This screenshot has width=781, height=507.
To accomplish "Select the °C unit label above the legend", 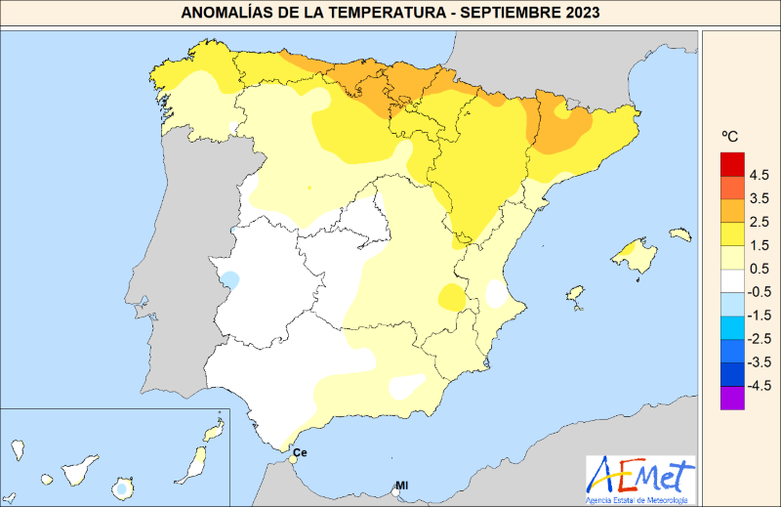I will pyautogui.click(x=729, y=137).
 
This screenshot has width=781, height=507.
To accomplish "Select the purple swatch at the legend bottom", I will pyautogui.click(x=732, y=398).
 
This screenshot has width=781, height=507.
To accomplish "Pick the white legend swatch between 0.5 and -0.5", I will pyautogui.click(x=732, y=280).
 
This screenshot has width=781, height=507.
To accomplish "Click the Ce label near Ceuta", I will pyautogui.click(x=300, y=453).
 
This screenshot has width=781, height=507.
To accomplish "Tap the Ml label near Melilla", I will pyautogui.click(x=401, y=486).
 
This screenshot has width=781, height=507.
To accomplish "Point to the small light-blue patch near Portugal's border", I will pyautogui.click(x=230, y=279).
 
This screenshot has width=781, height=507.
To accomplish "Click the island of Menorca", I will pyautogui.click(x=680, y=234).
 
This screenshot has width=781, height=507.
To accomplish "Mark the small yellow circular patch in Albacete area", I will pyautogui.click(x=452, y=296).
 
